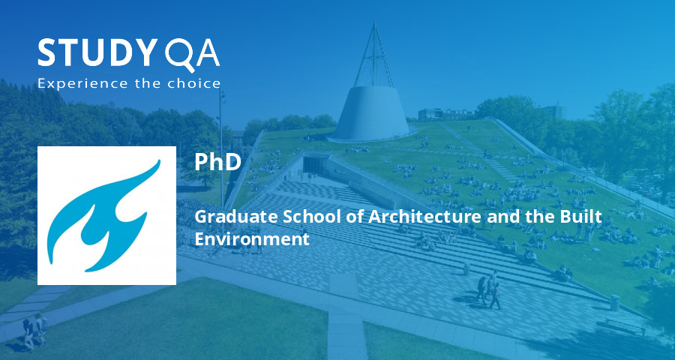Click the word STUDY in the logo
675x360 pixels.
click(x=94, y=54)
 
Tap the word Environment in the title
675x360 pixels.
click(x=251, y=239)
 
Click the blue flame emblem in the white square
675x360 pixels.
click(x=106, y=215)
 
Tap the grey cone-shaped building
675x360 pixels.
click(x=373, y=112)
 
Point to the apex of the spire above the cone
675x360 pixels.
click(x=373, y=25)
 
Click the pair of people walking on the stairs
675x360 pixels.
click(x=488, y=289)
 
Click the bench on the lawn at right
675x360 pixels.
click(x=625, y=325)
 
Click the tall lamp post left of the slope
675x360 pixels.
click(x=222, y=142)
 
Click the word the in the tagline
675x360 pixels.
click(x=153, y=83)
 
